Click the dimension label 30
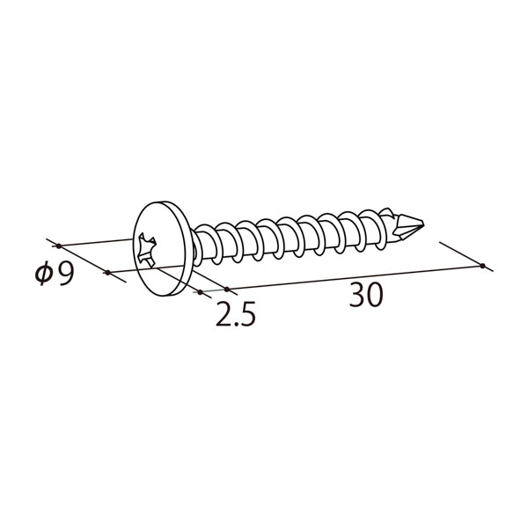pyautogui.click(x=366, y=295)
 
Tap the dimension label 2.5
pyautogui.click(x=236, y=314)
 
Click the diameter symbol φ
pyautogui.click(x=44, y=274)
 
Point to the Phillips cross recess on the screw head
pyautogui.click(x=147, y=250)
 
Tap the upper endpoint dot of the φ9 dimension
pyautogui.click(x=59, y=246)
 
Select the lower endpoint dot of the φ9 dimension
pyautogui.click(x=107, y=272)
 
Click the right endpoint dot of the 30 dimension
pyautogui.click(x=482, y=266)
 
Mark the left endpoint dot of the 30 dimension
pyautogui.click(x=227, y=290)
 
